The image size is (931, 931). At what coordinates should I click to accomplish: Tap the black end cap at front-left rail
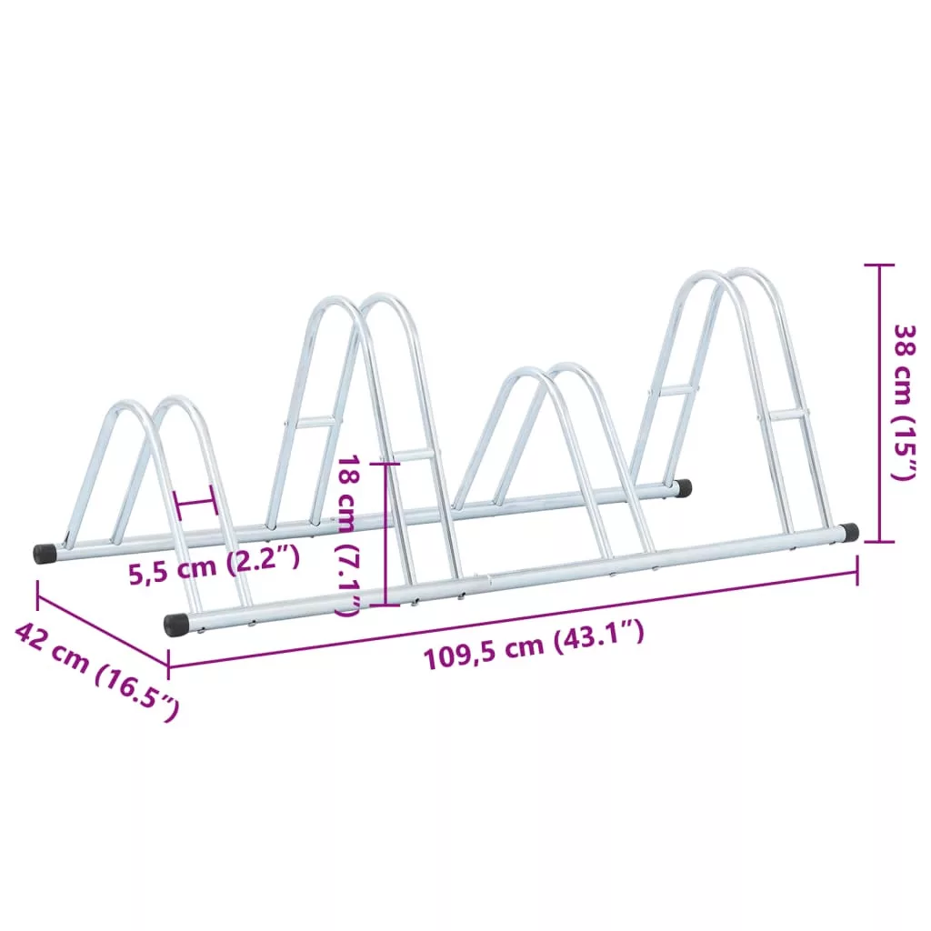(176, 626)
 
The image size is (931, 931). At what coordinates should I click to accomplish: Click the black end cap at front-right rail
(850, 531)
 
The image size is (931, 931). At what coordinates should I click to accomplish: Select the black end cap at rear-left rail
(45, 554)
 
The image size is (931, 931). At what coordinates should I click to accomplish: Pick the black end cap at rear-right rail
(684, 488)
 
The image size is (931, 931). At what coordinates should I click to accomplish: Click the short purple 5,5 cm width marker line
(194, 502)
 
